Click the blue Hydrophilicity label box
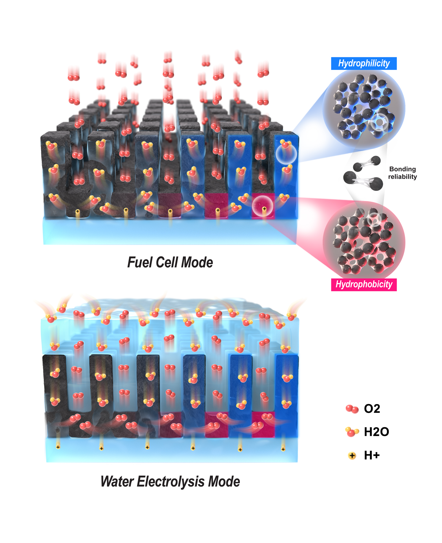coord(364,63)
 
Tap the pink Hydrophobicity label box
coord(364,284)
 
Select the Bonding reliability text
coord(402,173)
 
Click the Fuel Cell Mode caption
coord(170,262)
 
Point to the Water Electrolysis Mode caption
coord(170,481)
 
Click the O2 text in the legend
coord(372,408)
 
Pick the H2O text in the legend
coord(376,432)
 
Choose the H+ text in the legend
coord(372,455)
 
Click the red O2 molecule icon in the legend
coord(352,409)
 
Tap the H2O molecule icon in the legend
coord(352,432)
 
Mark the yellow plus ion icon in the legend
coord(352,455)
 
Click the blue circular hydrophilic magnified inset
coord(364,109)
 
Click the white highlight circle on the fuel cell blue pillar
coord(286,154)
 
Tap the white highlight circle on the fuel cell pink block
coord(262,206)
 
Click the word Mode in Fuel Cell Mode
coord(197,262)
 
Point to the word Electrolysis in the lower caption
coord(170,481)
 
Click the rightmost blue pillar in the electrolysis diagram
coord(287,395)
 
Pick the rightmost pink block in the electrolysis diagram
coord(263,424)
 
